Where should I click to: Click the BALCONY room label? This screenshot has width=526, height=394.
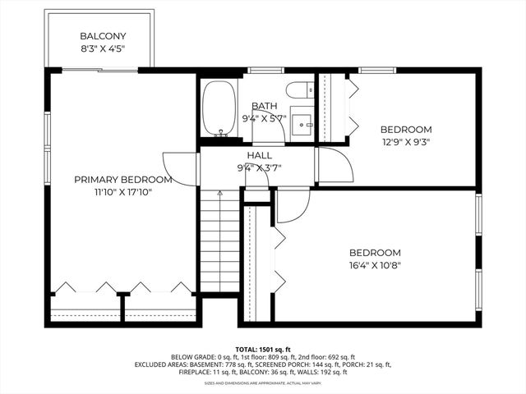point(102,36)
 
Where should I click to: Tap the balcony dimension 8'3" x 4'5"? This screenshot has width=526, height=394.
point(102,48)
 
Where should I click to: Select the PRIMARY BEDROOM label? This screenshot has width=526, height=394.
point(123,180)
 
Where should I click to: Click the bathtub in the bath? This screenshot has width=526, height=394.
point(219,108)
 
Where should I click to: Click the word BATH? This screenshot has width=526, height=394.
point(265,106)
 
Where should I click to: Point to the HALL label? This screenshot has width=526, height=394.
point(260,155)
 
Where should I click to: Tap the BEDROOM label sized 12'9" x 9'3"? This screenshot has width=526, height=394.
point(405,130)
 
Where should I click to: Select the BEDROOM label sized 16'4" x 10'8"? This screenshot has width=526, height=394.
point(375,253)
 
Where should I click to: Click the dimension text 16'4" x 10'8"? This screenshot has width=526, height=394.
point(375,265)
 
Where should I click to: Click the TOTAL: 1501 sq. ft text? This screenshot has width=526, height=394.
point(262,349)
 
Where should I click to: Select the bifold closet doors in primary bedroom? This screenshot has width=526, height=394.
point(123,287)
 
